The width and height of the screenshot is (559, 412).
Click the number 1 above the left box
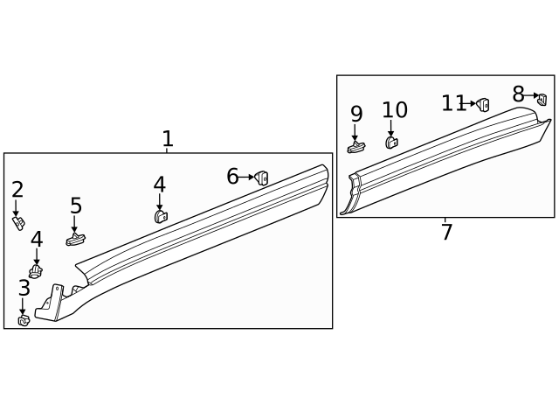168,139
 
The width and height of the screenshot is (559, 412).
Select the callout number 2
17,190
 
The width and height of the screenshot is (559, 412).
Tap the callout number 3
24,288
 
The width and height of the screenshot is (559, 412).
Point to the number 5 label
76,206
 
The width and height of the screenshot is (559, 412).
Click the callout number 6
232,177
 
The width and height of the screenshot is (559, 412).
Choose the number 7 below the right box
446,233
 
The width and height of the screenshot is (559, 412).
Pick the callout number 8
518,94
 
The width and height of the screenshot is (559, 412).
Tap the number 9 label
356,114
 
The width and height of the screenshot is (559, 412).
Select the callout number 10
395,110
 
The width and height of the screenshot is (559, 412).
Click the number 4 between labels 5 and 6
159,185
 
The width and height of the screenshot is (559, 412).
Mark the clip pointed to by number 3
24,320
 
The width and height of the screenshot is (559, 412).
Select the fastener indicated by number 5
75,238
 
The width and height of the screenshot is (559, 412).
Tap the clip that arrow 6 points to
262,178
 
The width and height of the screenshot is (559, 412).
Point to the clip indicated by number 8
541,98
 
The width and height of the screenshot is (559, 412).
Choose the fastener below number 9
355,146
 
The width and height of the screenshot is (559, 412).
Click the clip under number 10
392,143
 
